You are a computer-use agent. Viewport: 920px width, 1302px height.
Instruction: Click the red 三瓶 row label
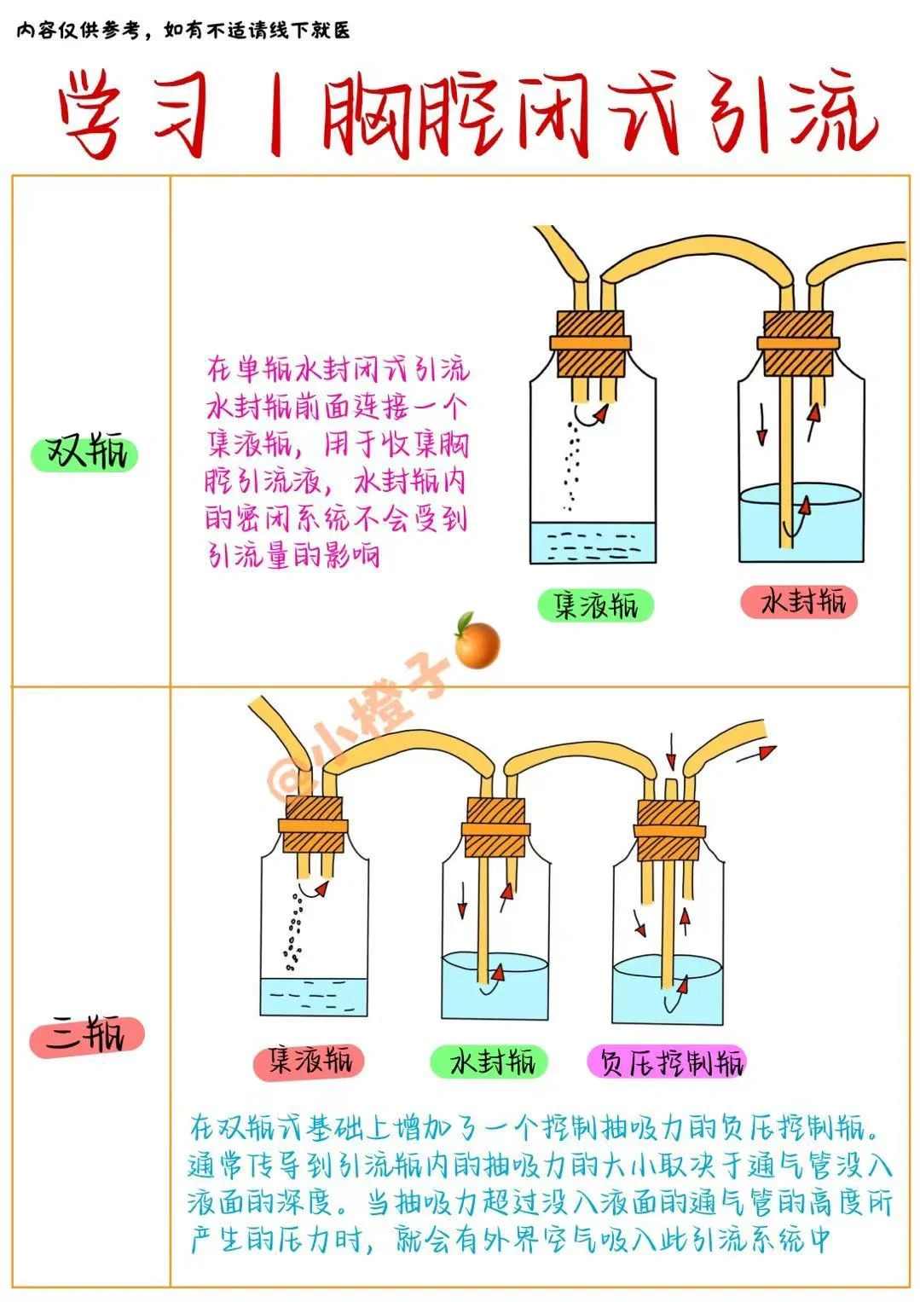point(86,1035)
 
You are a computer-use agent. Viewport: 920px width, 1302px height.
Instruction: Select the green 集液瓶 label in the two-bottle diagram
point(595,605)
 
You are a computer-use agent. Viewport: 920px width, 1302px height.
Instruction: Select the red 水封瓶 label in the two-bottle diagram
point(798,602)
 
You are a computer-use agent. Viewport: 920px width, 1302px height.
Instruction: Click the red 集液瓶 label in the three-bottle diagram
point(309,1062)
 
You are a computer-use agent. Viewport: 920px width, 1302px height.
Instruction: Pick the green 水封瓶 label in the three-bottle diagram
point(488,1062)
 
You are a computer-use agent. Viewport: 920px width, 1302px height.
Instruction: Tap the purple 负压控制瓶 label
point(667,1062)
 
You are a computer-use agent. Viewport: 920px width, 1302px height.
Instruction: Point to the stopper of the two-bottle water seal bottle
point(798,343)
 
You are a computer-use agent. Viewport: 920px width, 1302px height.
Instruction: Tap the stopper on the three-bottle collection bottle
point(313,825)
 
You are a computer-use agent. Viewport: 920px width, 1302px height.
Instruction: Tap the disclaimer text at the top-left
point(183,32)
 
